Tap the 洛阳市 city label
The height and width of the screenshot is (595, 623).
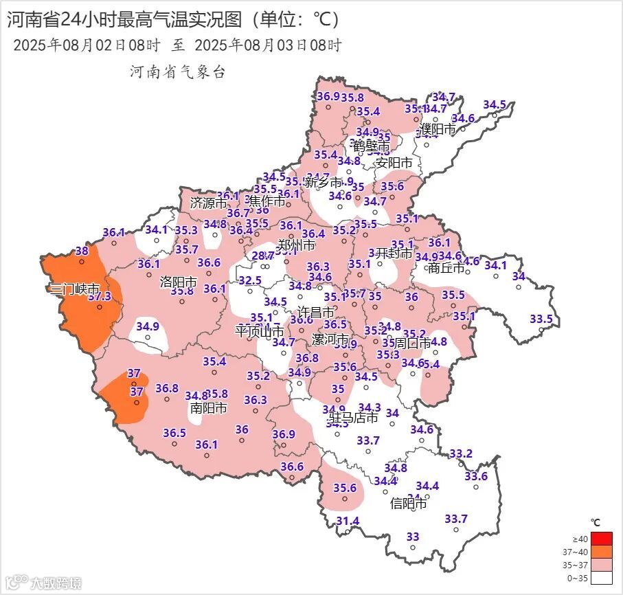[179, 282]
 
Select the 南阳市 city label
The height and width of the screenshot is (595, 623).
[208, 407]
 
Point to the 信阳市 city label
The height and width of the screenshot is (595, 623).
[409, 504]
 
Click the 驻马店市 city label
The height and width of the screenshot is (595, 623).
[353, 418]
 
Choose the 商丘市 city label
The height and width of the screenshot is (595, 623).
[446, 268]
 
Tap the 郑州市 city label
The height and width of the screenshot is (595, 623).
[296, 245]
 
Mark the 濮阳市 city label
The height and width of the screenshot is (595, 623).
[438, 128]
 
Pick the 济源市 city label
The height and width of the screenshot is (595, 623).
[208, 203]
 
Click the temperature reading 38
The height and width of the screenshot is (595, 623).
[82, 251]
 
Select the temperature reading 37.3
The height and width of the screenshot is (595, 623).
[100, 296]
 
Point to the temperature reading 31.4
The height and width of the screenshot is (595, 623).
[348, 521]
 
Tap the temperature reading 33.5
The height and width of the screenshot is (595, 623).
[541, 319]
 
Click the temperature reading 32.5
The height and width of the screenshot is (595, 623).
[250, 280]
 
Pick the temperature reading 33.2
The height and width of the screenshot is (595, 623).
[461, 454]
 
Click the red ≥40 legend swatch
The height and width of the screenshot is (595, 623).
[600, 538]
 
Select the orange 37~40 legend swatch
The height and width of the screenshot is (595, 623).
[600, 552]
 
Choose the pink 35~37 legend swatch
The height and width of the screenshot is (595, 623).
[600, 565]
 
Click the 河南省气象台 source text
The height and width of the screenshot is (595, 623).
[178, 72]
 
